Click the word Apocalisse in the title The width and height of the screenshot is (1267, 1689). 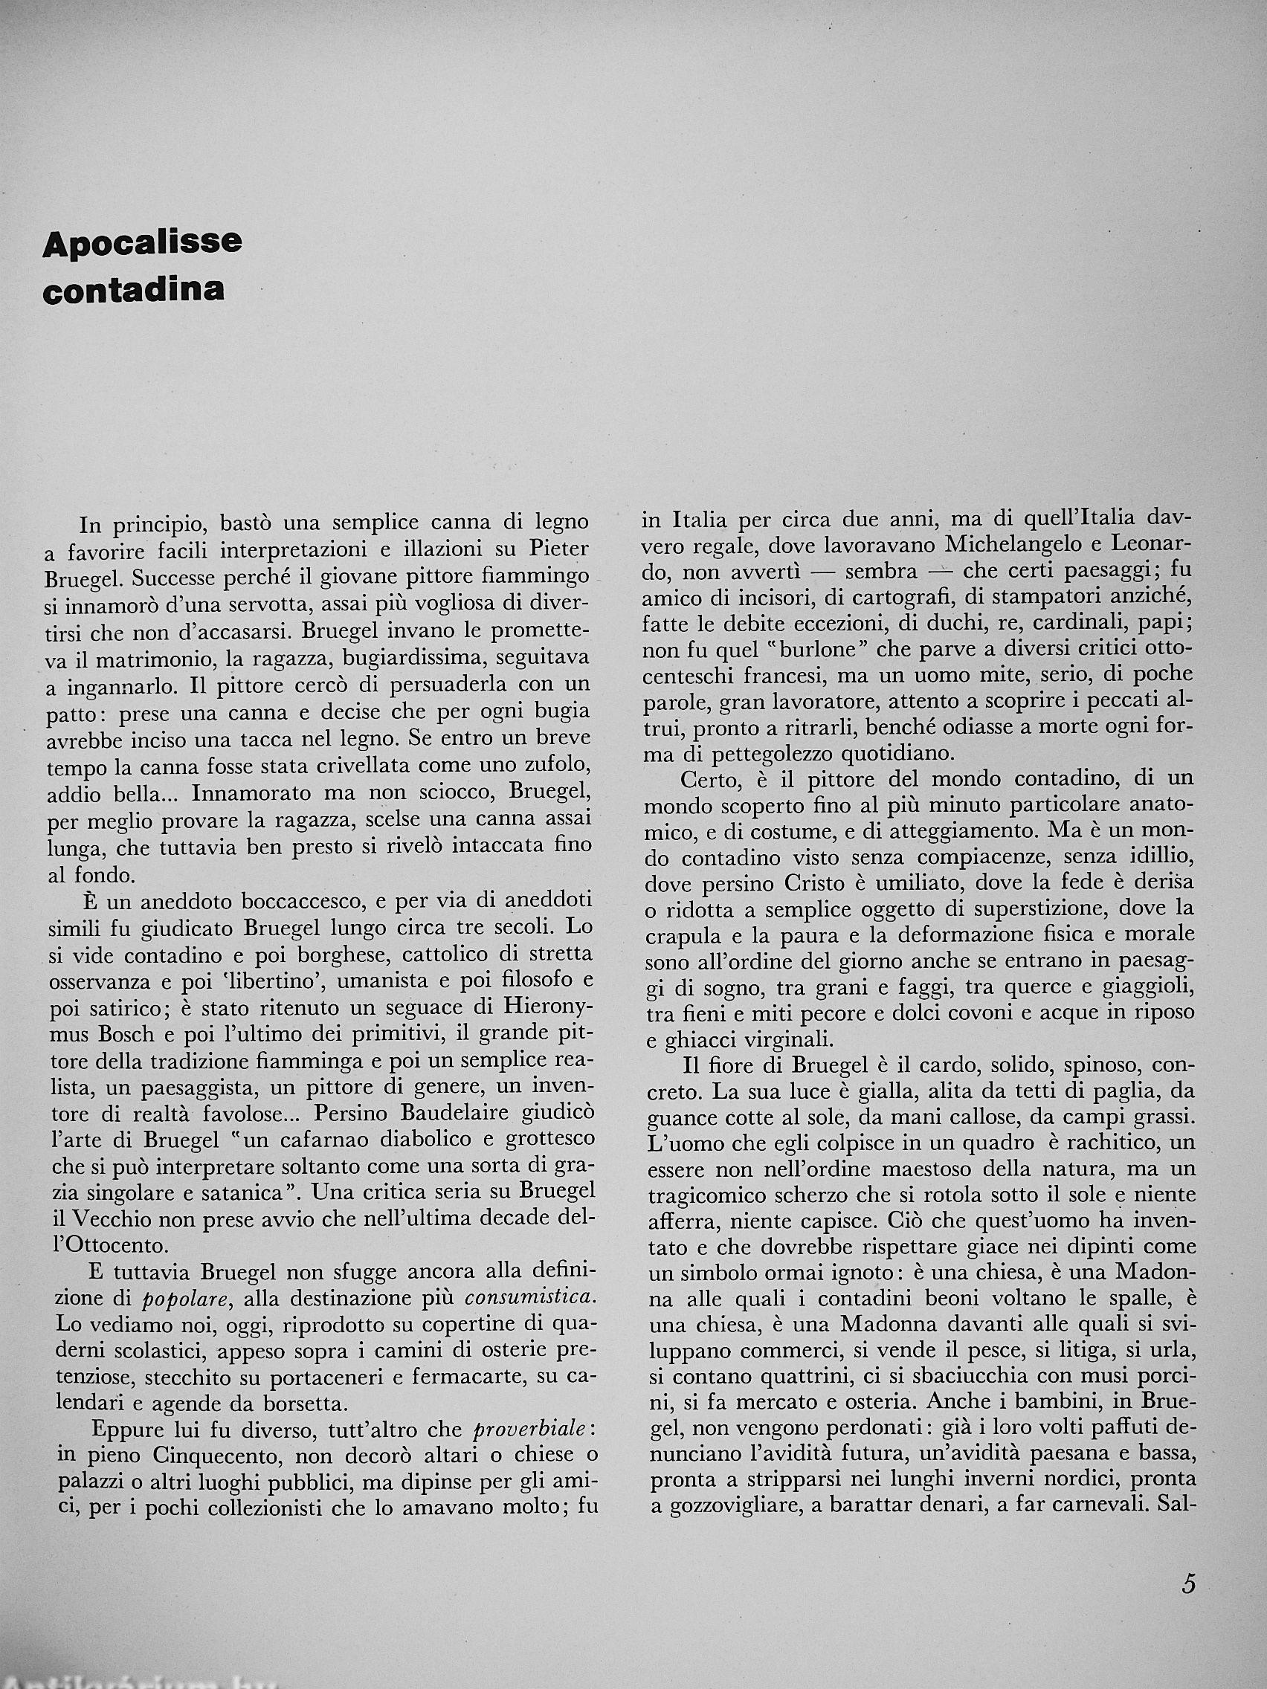click(143, 244)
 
